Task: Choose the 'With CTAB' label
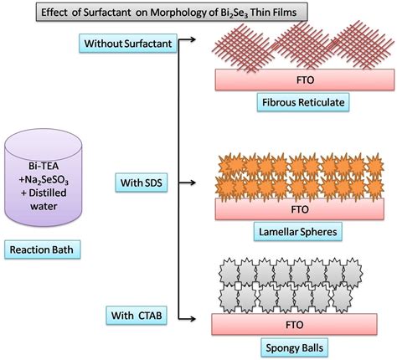(135, 315)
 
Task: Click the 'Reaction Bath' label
(40, 249)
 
